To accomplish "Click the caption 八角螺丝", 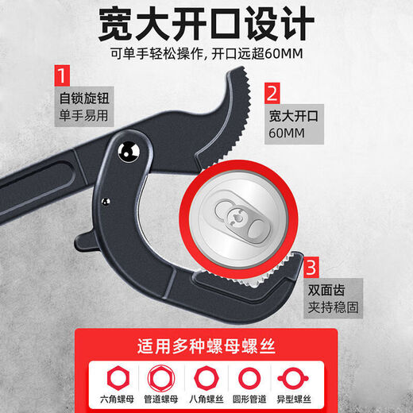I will [206, 396].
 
